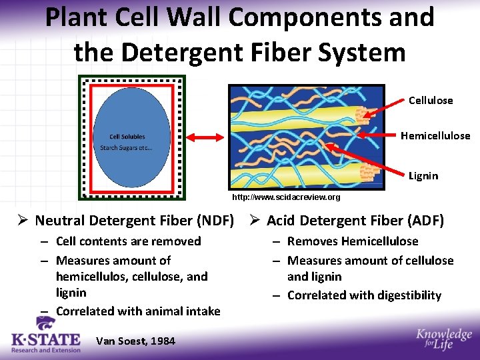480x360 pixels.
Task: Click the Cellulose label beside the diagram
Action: [x=430, y=101]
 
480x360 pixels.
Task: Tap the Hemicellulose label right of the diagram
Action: [x=435, y=136]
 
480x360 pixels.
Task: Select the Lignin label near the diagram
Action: [x=423, y=176]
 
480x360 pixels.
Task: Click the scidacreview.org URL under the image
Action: [x=286, y=197]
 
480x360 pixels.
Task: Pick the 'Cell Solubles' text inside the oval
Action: [x=127, y=137]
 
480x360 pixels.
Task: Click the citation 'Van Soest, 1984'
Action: [x=135, y=341]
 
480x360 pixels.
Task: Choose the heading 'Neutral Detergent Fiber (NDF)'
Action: [x=134, y=221]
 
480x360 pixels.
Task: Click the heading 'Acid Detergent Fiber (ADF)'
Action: [x=355, y=221]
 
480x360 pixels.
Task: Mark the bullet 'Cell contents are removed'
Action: [x=128, y=241]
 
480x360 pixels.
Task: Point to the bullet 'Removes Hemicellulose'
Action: [x=353, y=241]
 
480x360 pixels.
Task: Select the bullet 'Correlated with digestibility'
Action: [x=364, y=295]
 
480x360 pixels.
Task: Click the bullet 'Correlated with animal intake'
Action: [x=138, y=311]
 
